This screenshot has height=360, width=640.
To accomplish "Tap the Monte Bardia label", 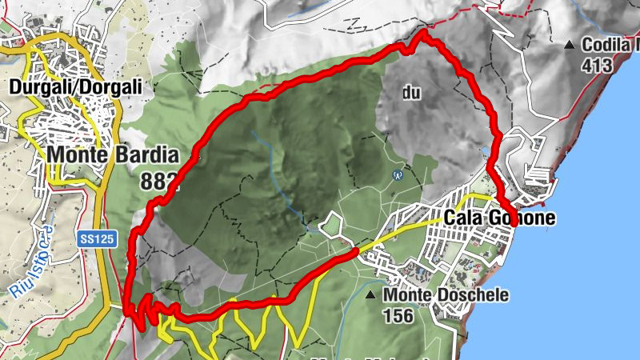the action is pyautogui.click(x=111, y=154).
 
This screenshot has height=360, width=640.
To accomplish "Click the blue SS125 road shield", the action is pyautogui.click(x=94, y=238).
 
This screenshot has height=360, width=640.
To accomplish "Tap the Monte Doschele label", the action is pyautogui.click(x=446, y=295).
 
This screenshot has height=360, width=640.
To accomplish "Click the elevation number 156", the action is pyautogui.click(x=398, y=316).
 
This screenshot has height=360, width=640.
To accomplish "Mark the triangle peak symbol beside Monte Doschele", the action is pyautogui.click(x=372, y=296).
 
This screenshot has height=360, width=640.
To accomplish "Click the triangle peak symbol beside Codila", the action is pyautogui.click(x=570, y=45).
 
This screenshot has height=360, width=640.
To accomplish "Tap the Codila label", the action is pyautogui.click(x=611, y=45).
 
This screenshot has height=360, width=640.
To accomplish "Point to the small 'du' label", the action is pyautogui.click(x=411, y=94).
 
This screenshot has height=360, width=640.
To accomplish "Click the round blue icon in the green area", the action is pyautogui.click(x=398, y=175).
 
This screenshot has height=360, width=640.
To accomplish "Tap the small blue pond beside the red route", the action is pyautogui.click(x=486, y=151).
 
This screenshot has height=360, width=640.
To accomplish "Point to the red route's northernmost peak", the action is pyautogui.click(x=422, y=35).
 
